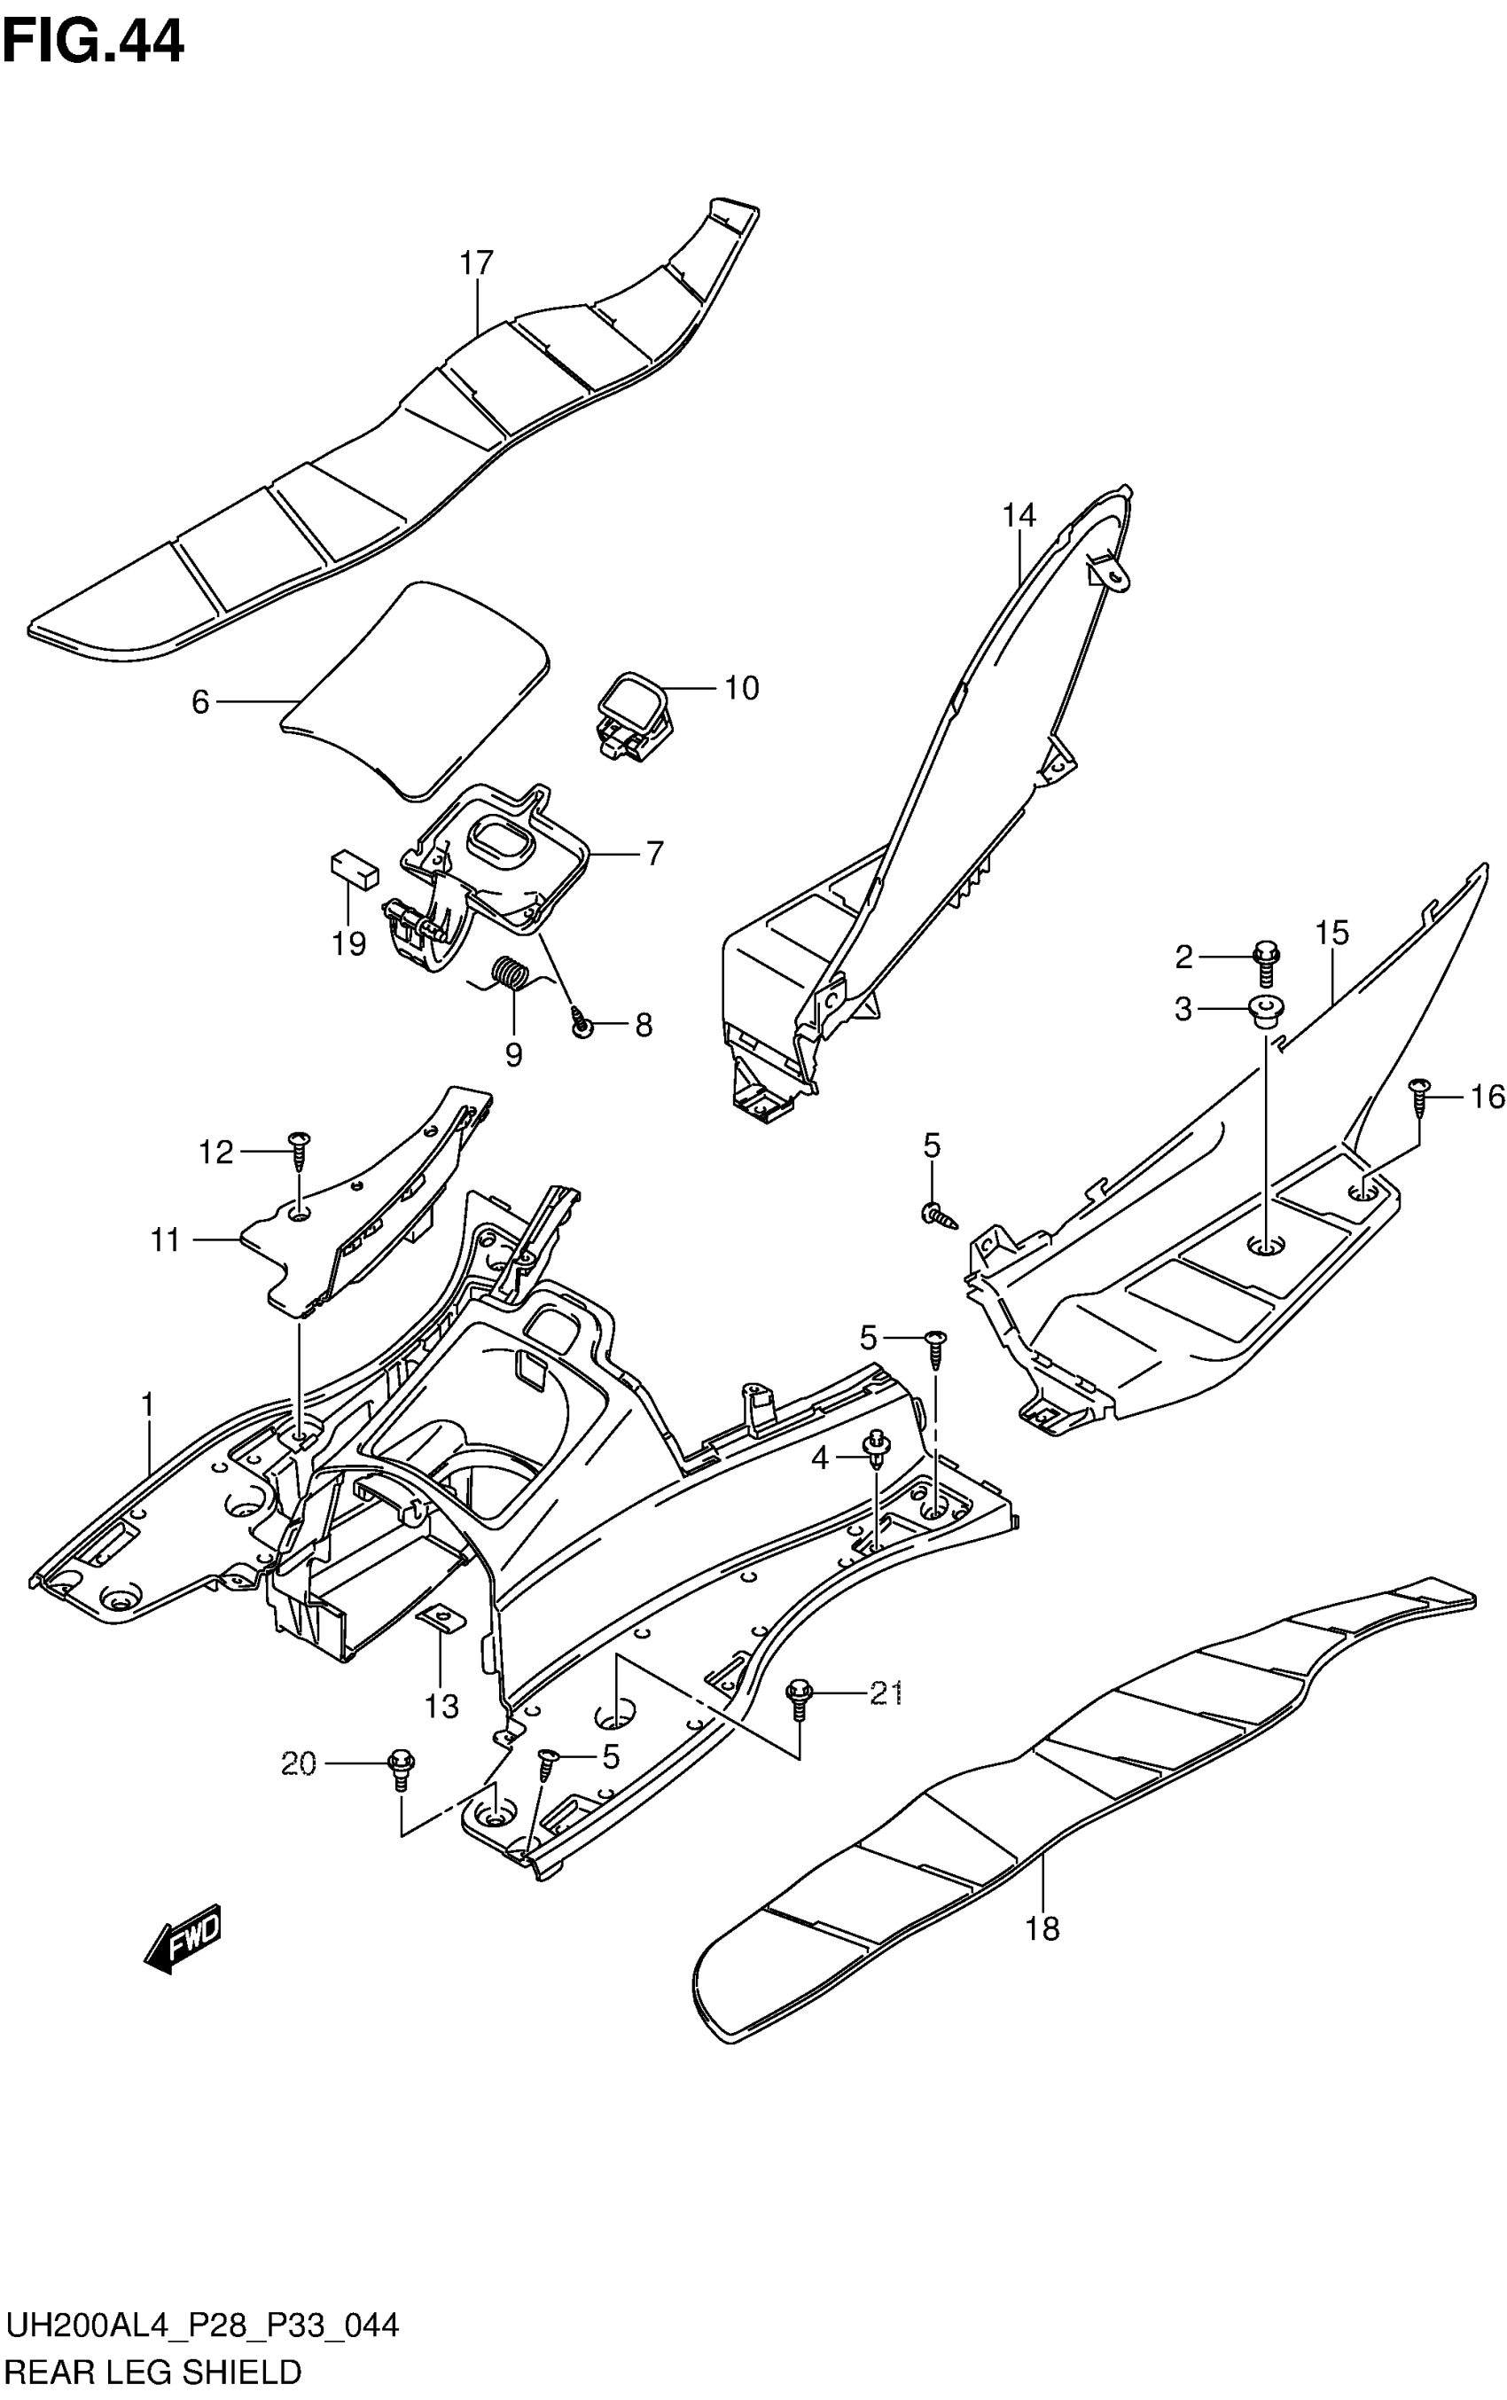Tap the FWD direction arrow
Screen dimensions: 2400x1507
[x=183, y=1939]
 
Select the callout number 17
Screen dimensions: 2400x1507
[x=476, y=263]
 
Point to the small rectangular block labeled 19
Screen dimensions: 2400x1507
[x=354, y=868]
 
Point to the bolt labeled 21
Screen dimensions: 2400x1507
[x=799, y=1695]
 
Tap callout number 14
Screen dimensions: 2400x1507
[x=1019, y=515]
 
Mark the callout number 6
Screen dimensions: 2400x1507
[x=200, y=703]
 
